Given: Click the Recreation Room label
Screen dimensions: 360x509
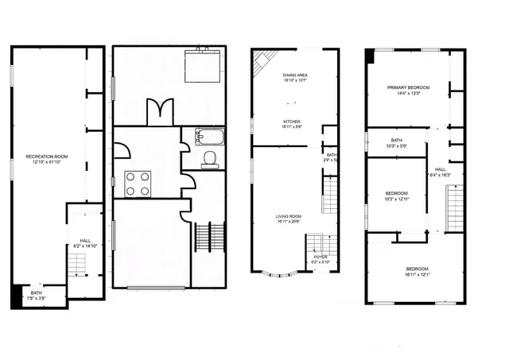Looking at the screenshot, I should click(46, 160).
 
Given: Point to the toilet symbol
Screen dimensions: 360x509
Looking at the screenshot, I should click(209, 159).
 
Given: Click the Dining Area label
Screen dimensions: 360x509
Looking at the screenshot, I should click(295, 77).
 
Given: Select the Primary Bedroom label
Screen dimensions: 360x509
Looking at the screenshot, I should click(408, 91).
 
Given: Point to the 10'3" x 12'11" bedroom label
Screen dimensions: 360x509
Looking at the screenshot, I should click(397, 196).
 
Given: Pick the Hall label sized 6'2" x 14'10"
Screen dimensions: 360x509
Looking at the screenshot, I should click(85, 243).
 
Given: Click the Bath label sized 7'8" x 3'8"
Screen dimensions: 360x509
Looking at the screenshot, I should click(37, 295).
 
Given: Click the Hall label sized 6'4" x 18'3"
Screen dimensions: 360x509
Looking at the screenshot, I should click(440, 172).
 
